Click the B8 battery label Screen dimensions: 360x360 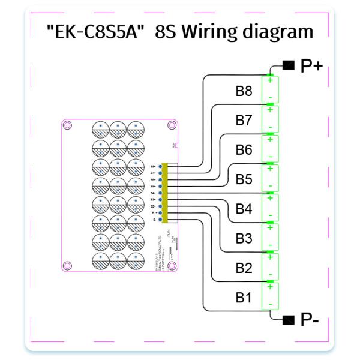point(244,92)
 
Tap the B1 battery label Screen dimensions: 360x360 point(244,297)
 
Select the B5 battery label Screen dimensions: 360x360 point(244,179)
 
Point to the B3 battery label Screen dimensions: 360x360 point(244,239)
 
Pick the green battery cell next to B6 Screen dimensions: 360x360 point(271,148)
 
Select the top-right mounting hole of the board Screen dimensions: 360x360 point(172,126)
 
